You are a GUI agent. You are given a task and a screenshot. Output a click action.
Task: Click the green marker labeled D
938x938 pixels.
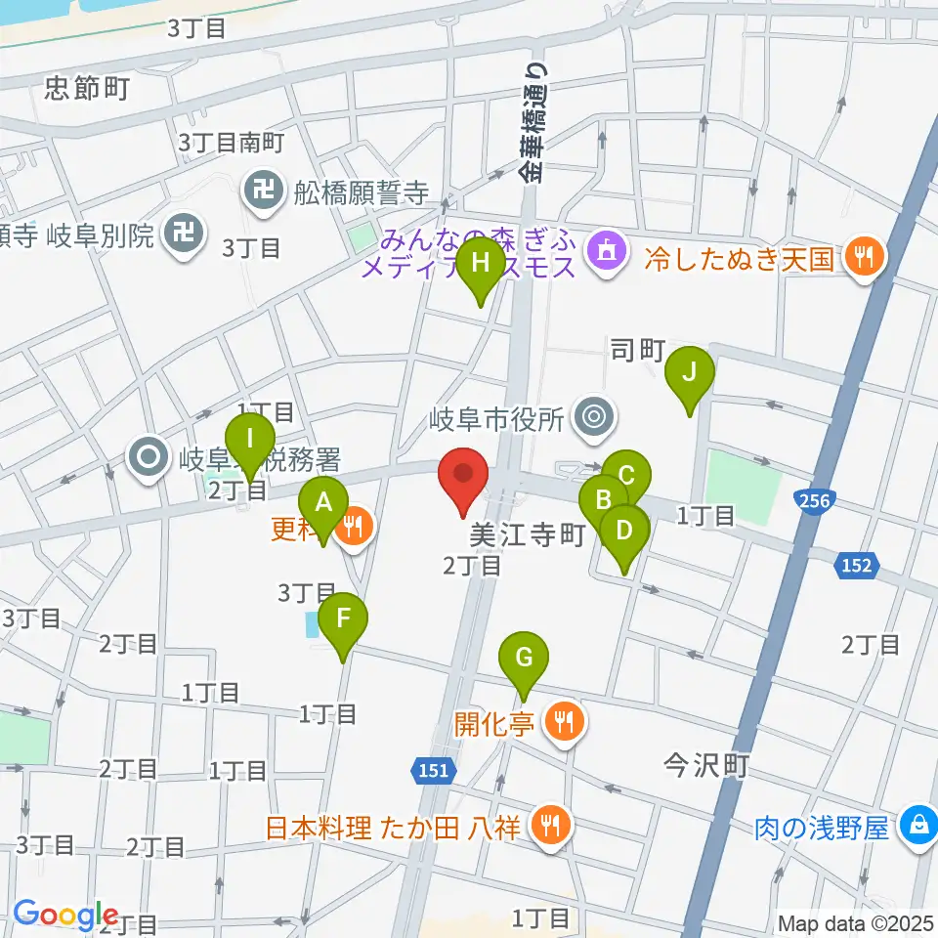(x=623, y=533)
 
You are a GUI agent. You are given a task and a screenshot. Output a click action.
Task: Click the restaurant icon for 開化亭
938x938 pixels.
(x=564, y=724)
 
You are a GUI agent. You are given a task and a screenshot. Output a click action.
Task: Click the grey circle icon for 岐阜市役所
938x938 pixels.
(x=591, y=418)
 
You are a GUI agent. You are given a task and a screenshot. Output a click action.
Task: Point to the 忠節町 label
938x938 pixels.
(x=87, y=91)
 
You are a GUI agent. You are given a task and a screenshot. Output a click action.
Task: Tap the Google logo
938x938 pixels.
(x=64, y=916)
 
